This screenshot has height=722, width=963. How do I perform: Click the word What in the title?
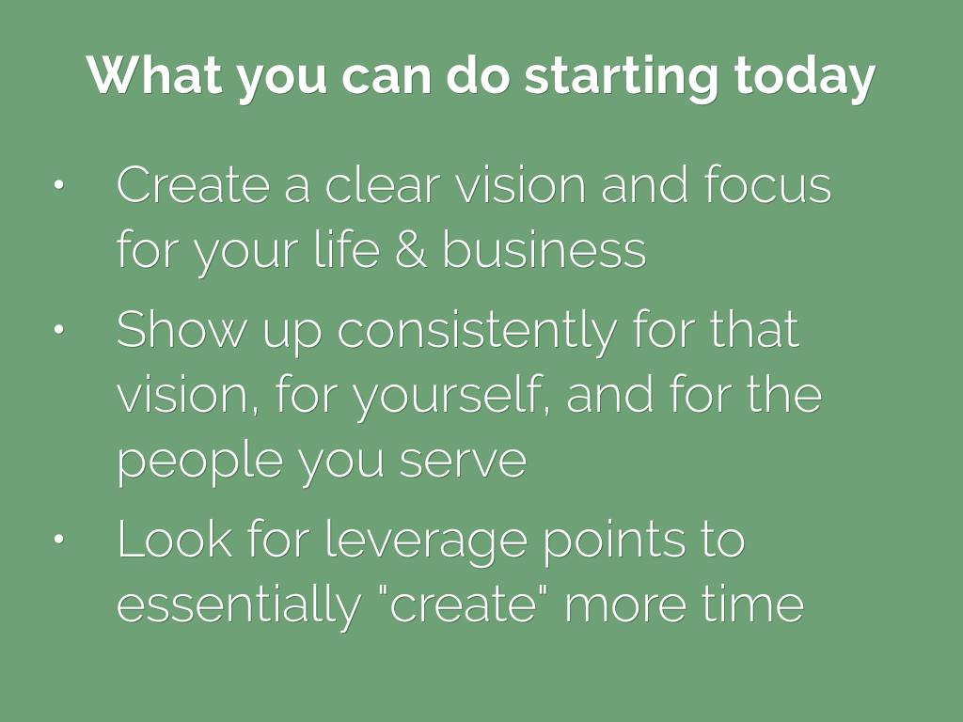155,75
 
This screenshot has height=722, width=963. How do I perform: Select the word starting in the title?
621,79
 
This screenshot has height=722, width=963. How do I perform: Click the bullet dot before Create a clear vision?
58,185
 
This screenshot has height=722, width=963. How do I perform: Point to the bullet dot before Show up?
58,330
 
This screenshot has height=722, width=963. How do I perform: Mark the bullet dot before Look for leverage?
58,539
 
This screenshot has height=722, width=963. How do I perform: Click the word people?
199,463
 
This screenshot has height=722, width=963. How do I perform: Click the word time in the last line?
753,604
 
